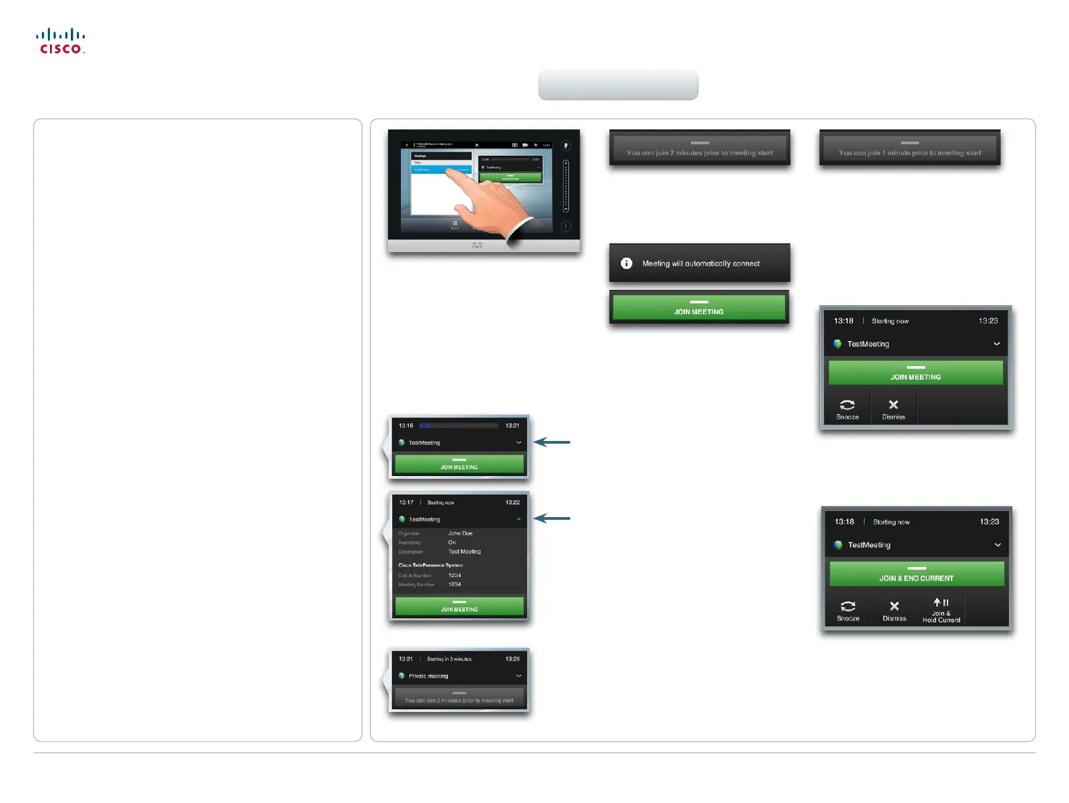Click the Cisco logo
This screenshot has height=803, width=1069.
coord(61,41)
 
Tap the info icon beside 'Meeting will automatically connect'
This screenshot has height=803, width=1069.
coord(626,264)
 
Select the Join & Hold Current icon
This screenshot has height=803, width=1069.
coord(941,609)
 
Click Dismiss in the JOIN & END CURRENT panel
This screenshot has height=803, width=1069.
coord(894,610)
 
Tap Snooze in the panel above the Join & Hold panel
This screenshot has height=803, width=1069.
coord(847,409)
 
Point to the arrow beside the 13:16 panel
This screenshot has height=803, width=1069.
coord(552,442)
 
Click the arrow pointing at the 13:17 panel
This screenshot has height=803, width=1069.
coord(552,518)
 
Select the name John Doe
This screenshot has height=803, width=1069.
coord(460,533)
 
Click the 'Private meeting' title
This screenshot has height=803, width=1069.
coord(429,676)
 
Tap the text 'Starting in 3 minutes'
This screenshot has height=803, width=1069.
coord(449,659)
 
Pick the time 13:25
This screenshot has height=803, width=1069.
coord(512,659)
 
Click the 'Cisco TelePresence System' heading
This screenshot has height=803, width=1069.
coord(431,565)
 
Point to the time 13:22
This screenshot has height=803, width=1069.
coord(512,503)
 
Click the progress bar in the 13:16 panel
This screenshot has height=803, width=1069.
coord(459,426)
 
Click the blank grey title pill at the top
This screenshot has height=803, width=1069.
coord(618,85)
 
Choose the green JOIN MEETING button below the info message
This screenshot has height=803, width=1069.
coord(698,308)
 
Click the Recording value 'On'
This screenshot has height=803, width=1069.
coord(452,543)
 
